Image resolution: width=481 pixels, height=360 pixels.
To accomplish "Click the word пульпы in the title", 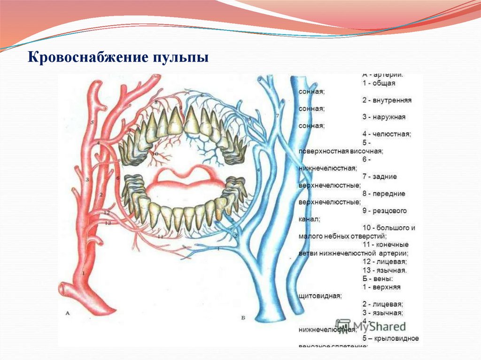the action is (x=179, y=59).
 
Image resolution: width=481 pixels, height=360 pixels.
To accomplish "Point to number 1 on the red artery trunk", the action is (x=84, y=273).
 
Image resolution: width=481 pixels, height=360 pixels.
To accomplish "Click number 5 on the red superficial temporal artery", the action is (x=93, y=123).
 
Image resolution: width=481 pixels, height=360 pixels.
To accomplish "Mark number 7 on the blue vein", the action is (x=277, y=115).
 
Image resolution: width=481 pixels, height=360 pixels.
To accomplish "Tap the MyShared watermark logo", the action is (x=371, y=326).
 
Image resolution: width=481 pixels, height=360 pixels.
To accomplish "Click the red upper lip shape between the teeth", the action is (x=183, y=176).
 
